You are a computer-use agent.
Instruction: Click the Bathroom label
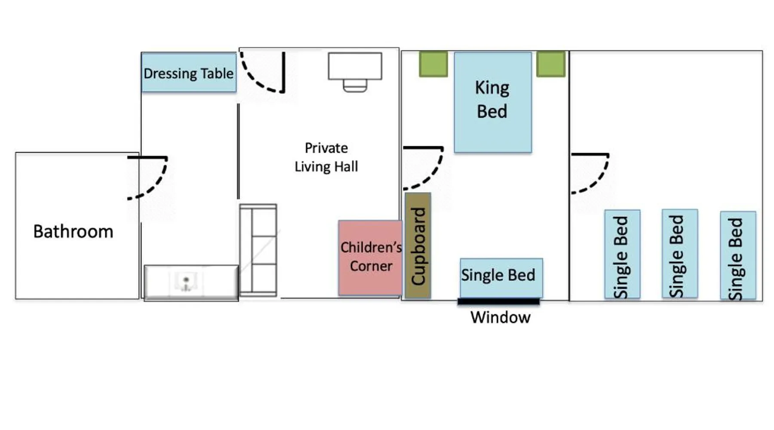tap(73, 232)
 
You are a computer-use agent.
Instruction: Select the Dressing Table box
tap(189, 72)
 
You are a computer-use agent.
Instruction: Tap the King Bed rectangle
tap(493, 102)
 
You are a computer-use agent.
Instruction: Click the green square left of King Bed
tap(433, 64)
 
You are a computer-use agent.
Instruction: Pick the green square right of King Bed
tap(551, 64)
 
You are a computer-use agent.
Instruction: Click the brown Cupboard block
tap(418, 246)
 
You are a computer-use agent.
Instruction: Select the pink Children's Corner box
tap(370, 258)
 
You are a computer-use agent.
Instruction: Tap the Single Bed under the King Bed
tap(501, 278)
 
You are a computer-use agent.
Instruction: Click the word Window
tap(501, 318)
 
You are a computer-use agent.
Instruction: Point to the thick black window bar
tap(498, 301)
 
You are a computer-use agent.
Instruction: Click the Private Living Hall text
tap(326, 157)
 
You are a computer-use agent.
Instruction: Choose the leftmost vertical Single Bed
tap(622, 254)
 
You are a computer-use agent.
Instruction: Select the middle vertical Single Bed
tap(680, 254)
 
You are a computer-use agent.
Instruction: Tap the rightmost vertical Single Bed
tap(738, 255)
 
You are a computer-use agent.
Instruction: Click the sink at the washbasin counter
tap(186, 283)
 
